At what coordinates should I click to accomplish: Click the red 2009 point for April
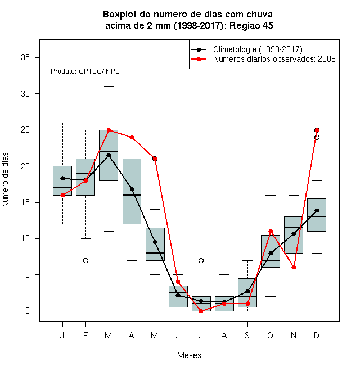tap(132, 138)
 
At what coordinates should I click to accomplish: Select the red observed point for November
tap(294, 268)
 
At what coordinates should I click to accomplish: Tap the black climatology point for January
tap(63, 178)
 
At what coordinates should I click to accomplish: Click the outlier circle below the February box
tap(85, 260)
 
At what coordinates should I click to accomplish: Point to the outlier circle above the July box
tap(201, 260)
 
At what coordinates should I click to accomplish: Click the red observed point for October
tap(271, 231)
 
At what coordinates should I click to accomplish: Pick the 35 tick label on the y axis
tap(25, 57)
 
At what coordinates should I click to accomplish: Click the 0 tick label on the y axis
tap(28, 311)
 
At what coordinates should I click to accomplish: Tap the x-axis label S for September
tap(247, 335)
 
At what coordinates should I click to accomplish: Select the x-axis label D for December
tap(317, 335)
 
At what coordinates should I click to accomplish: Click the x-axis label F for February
tap(85, 335)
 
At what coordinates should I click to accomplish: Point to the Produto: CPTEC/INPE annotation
tap(85, 71)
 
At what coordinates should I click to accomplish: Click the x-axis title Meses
tap(189, 355)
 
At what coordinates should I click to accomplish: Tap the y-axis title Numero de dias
tap(5, 180)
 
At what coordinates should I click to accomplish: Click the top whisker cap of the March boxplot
tap(109, 87)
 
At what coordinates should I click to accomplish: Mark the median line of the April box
tap(132, 195)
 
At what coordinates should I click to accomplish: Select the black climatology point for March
tap(109, 156)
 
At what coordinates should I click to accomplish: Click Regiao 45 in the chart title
tap(251, 25)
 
